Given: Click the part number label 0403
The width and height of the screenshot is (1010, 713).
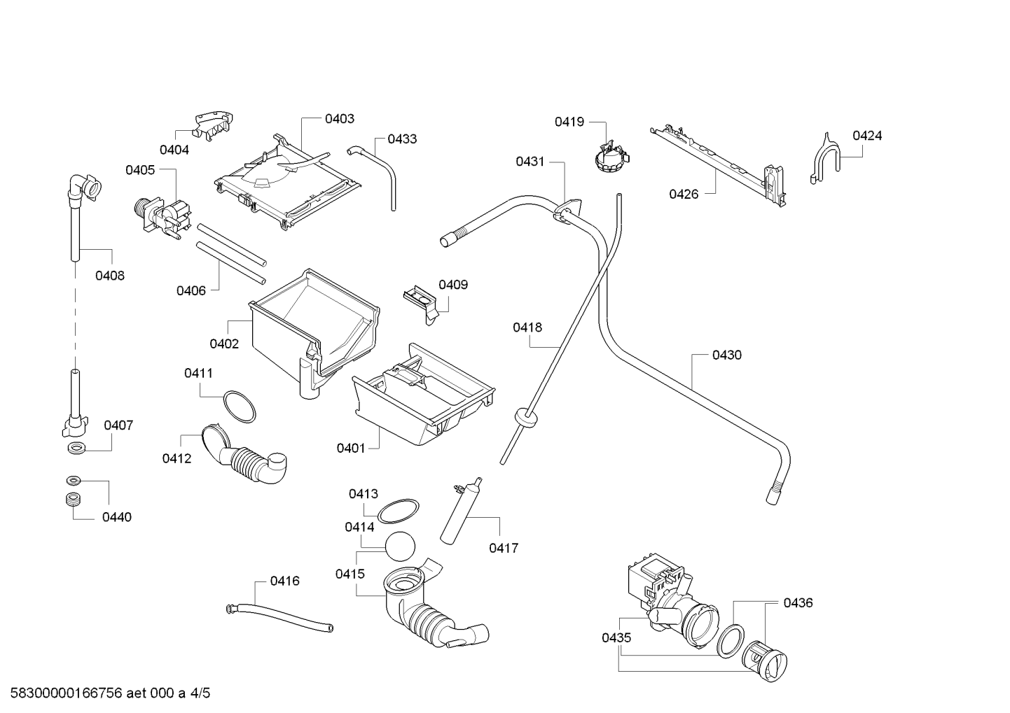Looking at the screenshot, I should click(339, 119).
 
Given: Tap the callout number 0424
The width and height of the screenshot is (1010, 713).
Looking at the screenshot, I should click(866, 136).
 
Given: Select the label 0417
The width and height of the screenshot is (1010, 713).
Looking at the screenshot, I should click(504, 548).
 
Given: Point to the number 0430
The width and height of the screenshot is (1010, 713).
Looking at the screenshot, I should click(726, 355).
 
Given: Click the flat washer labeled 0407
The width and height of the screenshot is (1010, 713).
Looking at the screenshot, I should click(74, 447).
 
